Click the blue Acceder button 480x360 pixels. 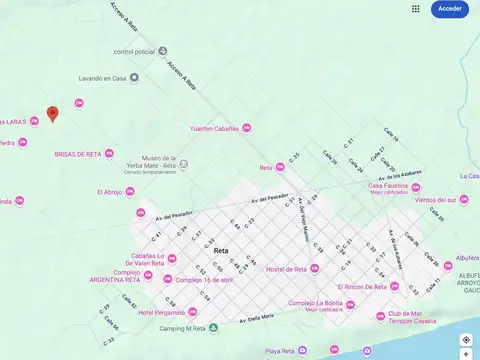[x=450, y=9]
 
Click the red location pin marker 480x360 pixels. [x=53, y=113]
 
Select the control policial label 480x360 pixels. [x=134, y=51]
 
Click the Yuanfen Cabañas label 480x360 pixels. [x=214, y=128]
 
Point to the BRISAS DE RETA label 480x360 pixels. [x=78, y=154]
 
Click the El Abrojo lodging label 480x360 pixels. [x=110, y=192]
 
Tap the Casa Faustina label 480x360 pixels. [x=389, y=185]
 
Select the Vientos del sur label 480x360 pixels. [x=435, y=200]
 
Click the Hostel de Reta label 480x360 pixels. [x=286, y=269]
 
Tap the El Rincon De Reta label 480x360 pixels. [x=361, y=287]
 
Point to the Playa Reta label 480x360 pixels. [x=280, y=351]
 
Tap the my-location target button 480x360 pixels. [x=466, y=340]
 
